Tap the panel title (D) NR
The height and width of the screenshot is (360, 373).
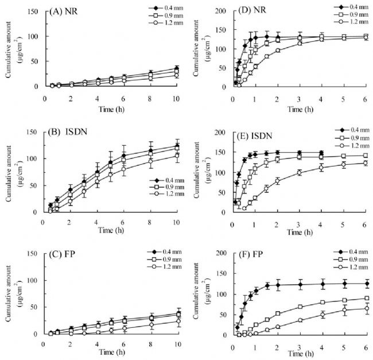coord(250,10)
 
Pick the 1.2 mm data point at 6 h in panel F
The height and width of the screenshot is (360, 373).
coord(366,309)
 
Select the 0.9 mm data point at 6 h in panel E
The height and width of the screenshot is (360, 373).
coord(366,155)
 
